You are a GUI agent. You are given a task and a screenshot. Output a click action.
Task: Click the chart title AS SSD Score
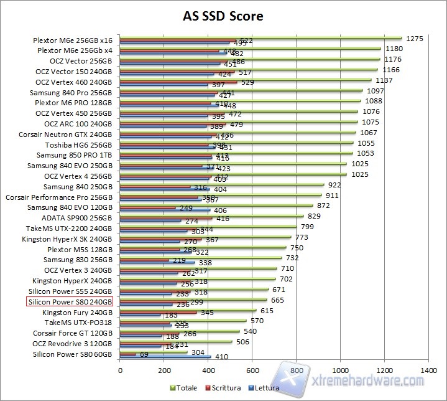[223, 16]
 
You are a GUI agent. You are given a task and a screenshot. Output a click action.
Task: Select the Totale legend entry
[185, 388]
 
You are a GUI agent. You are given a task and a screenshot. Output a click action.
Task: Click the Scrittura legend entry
[224, 388]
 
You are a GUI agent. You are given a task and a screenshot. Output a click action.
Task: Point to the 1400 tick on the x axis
[428, 369]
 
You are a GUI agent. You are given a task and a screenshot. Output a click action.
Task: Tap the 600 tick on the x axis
[252, 369]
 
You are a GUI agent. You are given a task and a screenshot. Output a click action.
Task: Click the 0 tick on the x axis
[120, 369]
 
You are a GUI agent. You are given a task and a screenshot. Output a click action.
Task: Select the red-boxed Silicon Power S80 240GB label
[70, 302]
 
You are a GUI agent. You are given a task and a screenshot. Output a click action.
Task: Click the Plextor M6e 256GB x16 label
[73, 40]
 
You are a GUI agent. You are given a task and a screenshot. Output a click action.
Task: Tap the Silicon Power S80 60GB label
[72, 354]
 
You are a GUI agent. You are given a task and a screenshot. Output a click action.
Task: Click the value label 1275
[414, 39]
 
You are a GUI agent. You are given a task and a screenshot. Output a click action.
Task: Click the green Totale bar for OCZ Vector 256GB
[249, 59]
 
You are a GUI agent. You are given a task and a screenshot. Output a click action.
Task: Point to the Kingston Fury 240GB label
[77, 313]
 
